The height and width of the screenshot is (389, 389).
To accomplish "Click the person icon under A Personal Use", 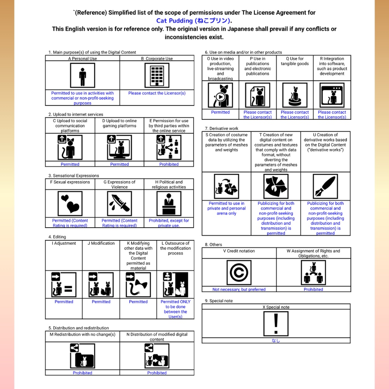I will [82, 75].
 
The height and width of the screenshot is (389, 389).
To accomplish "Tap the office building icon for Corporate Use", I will [157, 75].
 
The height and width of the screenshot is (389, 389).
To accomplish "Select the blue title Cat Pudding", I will [194, 21].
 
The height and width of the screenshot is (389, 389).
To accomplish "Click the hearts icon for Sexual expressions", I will [70, 203].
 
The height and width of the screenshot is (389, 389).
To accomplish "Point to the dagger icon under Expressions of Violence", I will [119, 203].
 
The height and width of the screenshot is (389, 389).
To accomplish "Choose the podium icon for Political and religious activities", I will [169, 203].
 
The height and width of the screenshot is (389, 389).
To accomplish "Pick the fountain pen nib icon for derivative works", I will [326, 186].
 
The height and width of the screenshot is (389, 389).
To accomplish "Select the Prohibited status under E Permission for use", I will [169, 164].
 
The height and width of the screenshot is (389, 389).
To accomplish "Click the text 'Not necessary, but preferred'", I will [239, 289].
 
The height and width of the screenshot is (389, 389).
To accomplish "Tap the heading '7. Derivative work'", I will [222, 128].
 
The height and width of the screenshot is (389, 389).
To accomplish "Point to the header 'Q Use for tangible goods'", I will [295, 61].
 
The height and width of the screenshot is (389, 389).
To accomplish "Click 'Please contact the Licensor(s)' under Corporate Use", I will [157, 93].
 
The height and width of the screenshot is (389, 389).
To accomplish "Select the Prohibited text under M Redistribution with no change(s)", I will [82, 373].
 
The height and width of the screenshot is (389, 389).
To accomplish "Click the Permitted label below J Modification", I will [101, 302].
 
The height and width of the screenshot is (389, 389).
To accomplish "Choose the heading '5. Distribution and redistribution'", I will [79, 328].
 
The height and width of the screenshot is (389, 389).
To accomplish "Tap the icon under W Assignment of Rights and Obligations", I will [314, 272].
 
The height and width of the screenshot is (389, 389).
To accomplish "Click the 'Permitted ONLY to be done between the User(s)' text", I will [175, 309].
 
